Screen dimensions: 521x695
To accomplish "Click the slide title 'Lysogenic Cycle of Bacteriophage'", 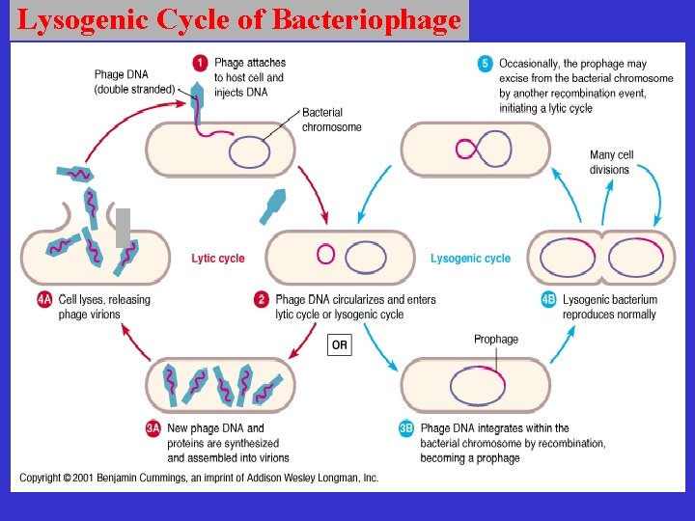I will click(238, 19).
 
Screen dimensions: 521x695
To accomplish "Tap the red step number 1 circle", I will click(200, 64).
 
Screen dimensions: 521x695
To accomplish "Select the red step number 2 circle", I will click(261, 300).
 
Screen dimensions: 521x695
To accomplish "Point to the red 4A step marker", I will click(44, 300).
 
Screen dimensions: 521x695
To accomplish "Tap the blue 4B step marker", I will click(548, 300).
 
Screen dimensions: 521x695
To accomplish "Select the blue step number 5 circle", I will click(486, 65).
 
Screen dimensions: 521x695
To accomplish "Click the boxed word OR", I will click(340, 344).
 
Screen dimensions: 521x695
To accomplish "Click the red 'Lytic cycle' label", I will click(218, 259).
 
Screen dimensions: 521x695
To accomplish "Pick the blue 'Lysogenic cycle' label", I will click(470, 259).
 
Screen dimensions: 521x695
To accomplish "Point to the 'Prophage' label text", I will click(495, 340).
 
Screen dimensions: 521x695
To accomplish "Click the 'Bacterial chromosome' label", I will click(331, 121).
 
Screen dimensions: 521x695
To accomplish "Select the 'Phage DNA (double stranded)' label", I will click(134, 82).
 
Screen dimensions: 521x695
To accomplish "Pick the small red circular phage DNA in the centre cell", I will click(326, 255).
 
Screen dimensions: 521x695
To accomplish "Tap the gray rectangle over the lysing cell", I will click(123, 228).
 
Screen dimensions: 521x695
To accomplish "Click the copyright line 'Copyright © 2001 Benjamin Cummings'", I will click(199, 479).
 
